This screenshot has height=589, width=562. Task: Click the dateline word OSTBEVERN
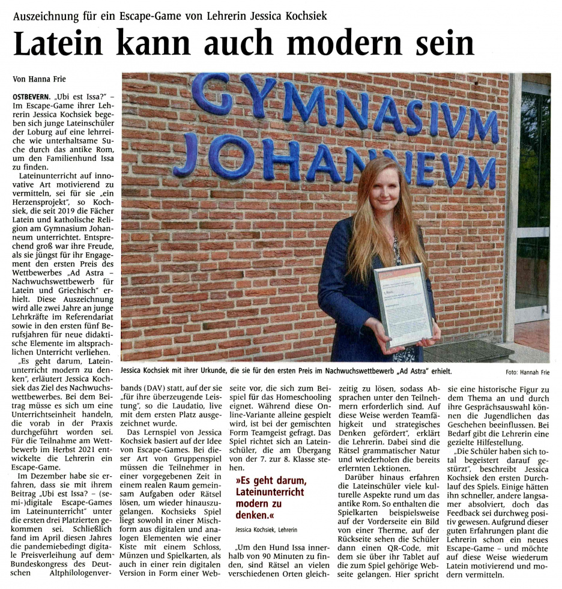[x=31, y=97]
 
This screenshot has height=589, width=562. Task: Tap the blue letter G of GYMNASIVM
[x=210, y=95]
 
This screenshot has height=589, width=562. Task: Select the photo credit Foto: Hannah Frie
[x=527, y=372]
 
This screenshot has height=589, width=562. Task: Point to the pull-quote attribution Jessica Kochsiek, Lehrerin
[x=266, y=530]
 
